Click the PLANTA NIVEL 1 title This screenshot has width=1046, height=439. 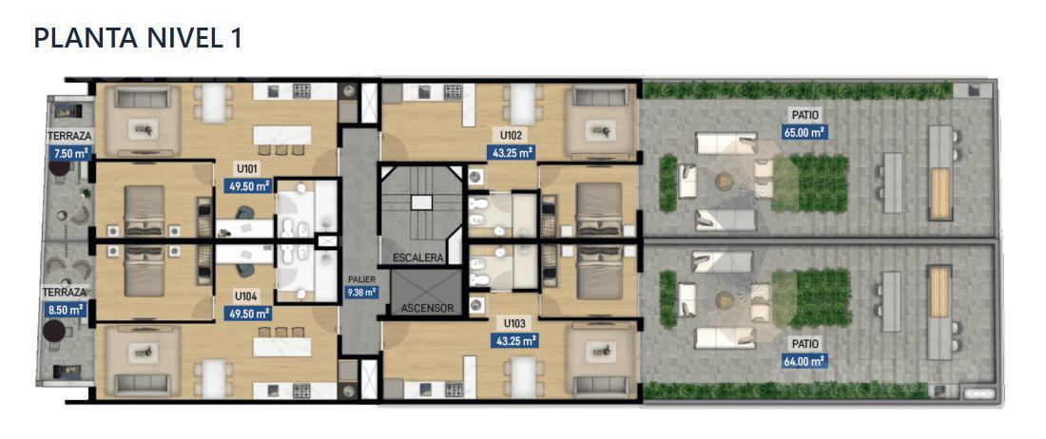(138, 38)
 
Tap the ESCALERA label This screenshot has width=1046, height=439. (418, 258)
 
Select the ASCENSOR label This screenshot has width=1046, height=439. (428, 309)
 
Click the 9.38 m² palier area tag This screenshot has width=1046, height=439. (361, 292)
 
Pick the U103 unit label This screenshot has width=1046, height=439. (514, 324)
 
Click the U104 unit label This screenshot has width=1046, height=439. (247, 296)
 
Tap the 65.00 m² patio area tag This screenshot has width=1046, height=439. (805, 132)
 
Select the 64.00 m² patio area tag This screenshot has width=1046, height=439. (805, 362)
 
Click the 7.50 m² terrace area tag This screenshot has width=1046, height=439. (68, 153)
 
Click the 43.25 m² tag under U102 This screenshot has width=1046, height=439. (511, 153)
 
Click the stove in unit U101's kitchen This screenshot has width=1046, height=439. (302, 91)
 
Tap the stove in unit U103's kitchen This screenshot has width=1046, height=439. (454, 389)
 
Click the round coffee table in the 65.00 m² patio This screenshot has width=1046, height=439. (725, 180)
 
